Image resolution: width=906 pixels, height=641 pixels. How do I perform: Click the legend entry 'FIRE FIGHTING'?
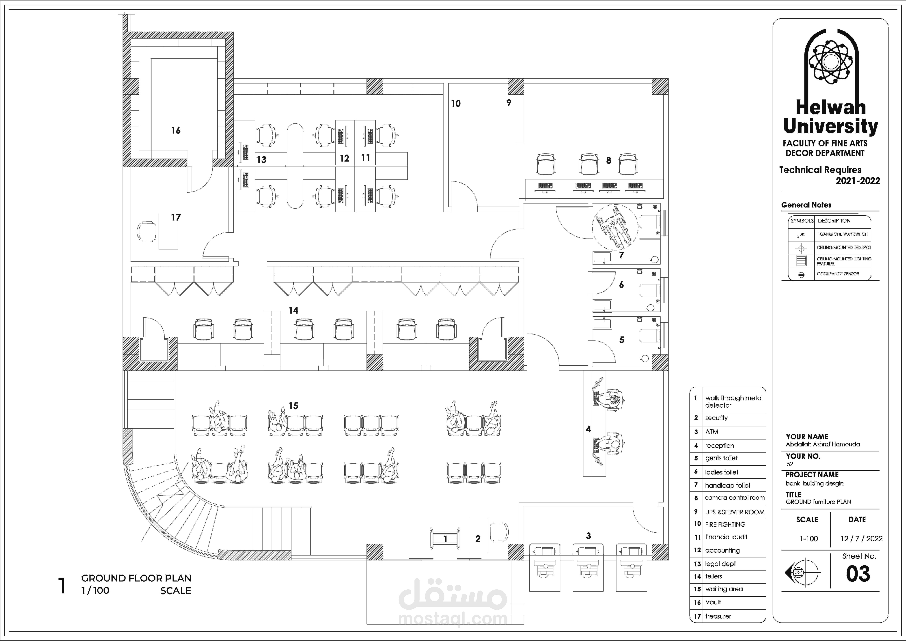pyautogui.click(x=725, y=524)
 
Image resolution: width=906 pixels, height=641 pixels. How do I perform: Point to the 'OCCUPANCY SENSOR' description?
pyautogui.click(x=838, y=273)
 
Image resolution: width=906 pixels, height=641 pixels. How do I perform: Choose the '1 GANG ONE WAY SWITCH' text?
pyautogui.click(x=842, y=234)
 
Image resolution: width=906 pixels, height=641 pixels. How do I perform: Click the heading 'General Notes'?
pyautogui.click(x=806, y=205)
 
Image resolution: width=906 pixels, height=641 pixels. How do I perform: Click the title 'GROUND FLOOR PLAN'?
pyautogui.click(x=136, y=578)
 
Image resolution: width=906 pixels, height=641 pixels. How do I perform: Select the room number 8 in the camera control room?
pyautogui.click(x=609, y=161)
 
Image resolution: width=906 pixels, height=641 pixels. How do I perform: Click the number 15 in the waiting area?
pyautogui.click(x=293, y=406)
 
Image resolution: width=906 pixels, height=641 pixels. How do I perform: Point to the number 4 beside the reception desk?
pyautogui.click(x=588, y=429)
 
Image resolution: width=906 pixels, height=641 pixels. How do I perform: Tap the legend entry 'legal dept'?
pyautogui.click(x=720, y=564)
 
